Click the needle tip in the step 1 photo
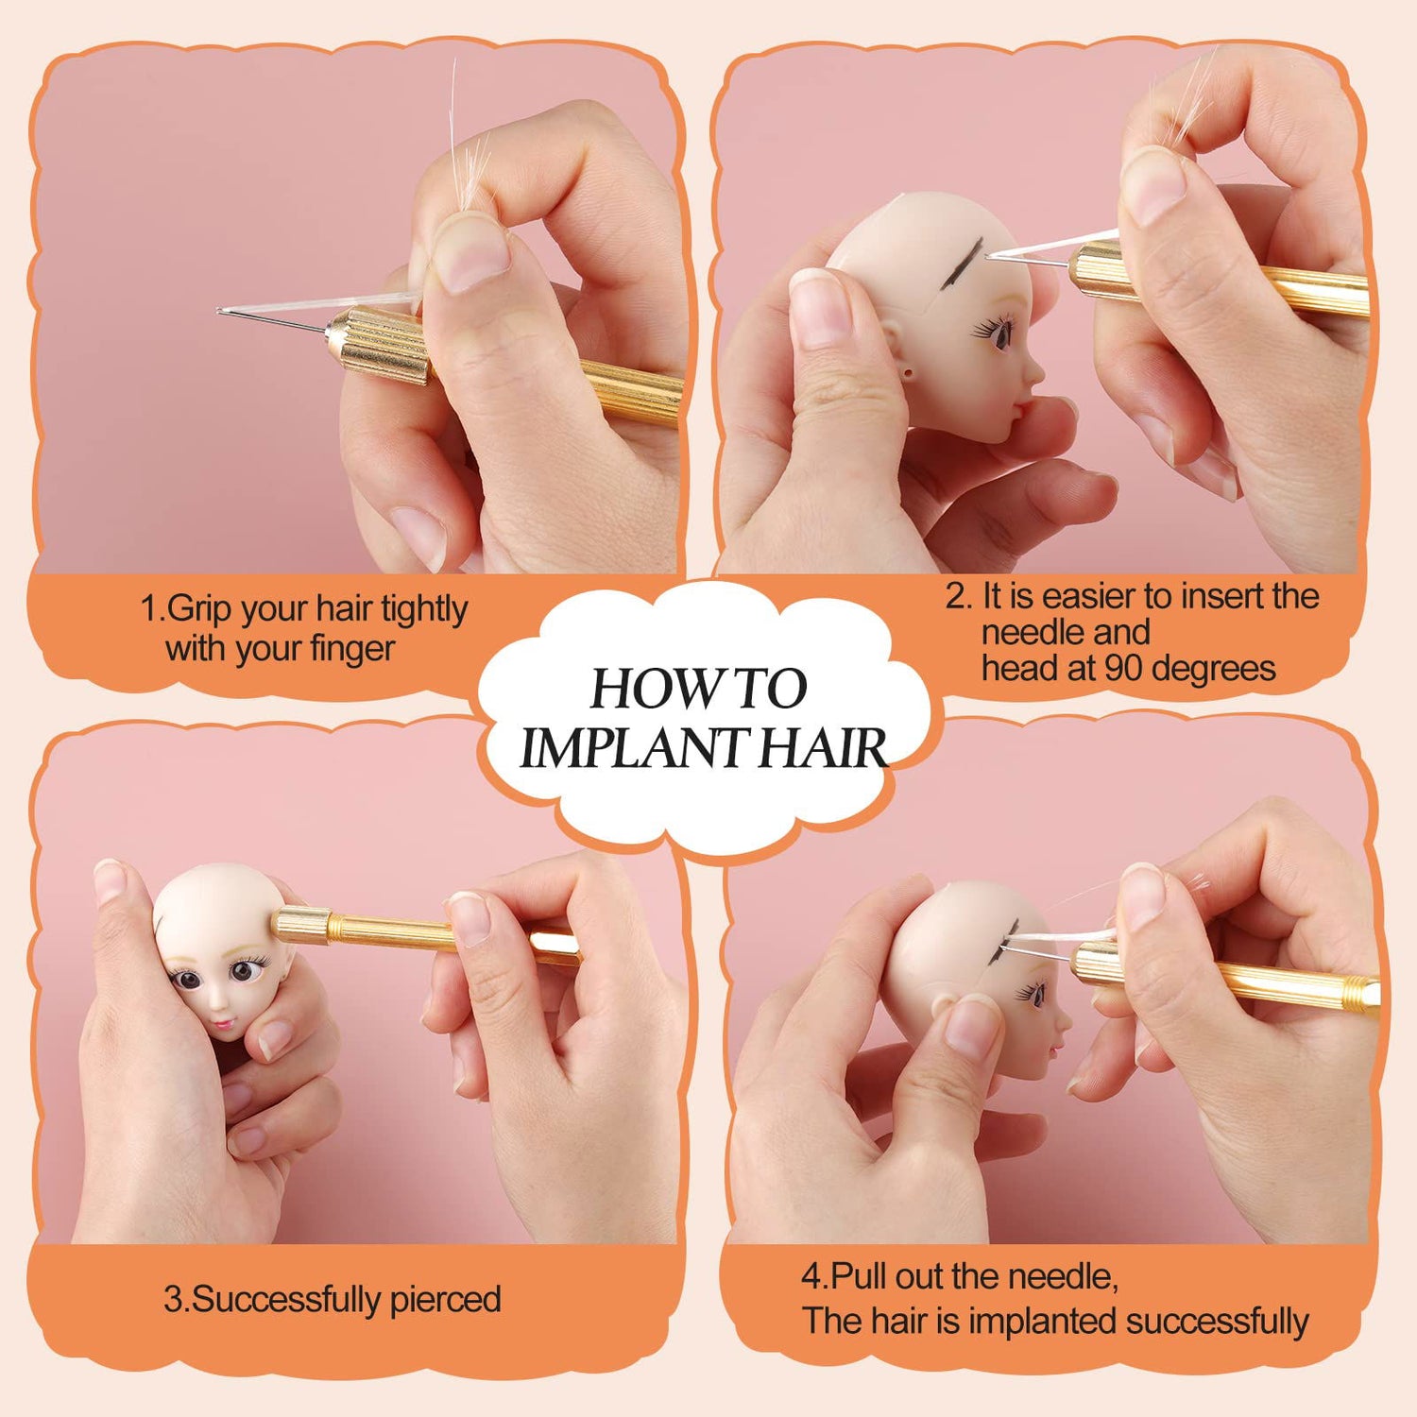click(220, 311)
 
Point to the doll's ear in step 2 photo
click(909, 371)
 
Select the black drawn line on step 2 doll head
click(962, 257)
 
